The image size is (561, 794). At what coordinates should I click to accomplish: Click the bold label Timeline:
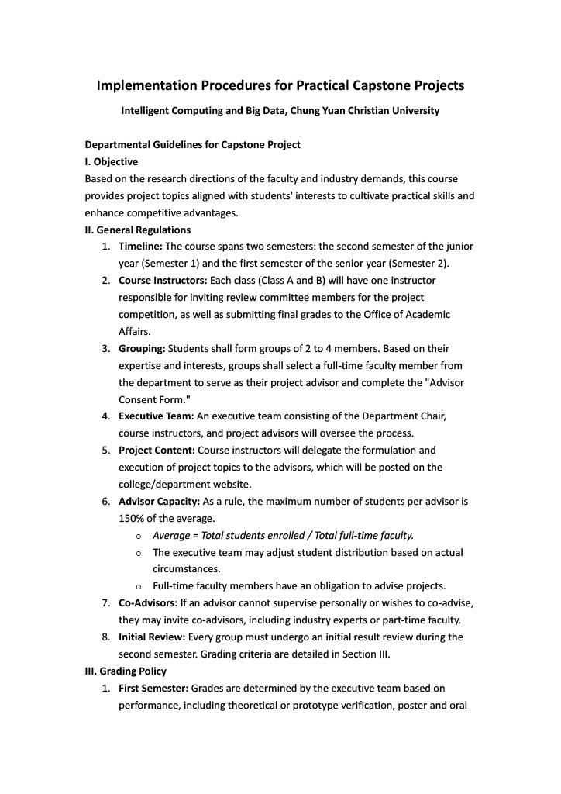tap(140, 247)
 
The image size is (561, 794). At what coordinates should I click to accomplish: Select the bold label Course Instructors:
tap(163, 281)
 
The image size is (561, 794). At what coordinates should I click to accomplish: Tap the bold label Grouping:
tap(142, 349)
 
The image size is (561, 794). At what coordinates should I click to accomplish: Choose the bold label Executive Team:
tap(157, 416)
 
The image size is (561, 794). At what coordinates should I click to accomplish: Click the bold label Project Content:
tap(157, 451)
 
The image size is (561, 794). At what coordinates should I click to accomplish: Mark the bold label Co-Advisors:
tap(148, 603)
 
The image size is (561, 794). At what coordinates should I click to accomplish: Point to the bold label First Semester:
tap(153, 688)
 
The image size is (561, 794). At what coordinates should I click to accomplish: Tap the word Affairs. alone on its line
tap(134, 332)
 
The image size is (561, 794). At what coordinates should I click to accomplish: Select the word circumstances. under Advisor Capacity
tap(186, 569)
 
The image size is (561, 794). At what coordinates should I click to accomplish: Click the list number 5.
tap(105, 451)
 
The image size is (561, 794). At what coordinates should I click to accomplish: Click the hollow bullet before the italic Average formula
tap(138, 536)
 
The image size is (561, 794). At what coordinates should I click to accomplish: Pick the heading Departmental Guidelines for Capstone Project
tap(192, 145)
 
